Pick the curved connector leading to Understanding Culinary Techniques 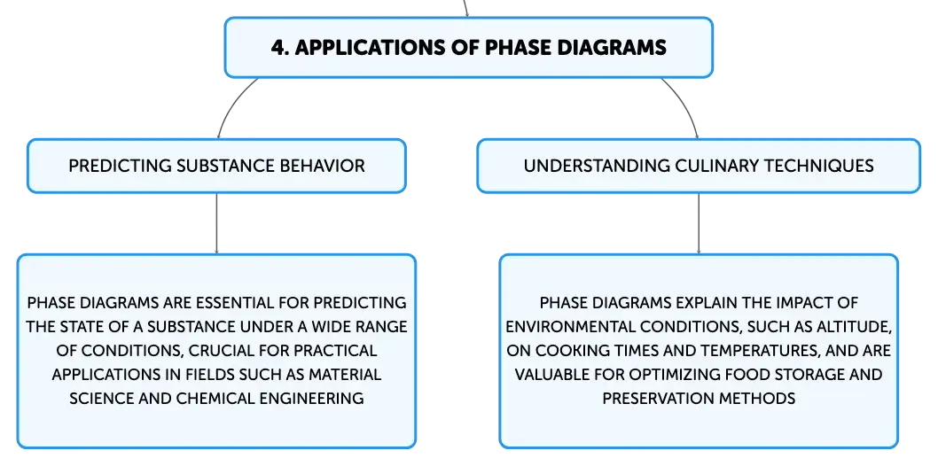[687, 102]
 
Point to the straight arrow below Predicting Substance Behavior [216, 223]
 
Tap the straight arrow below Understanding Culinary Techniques [699, 223]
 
